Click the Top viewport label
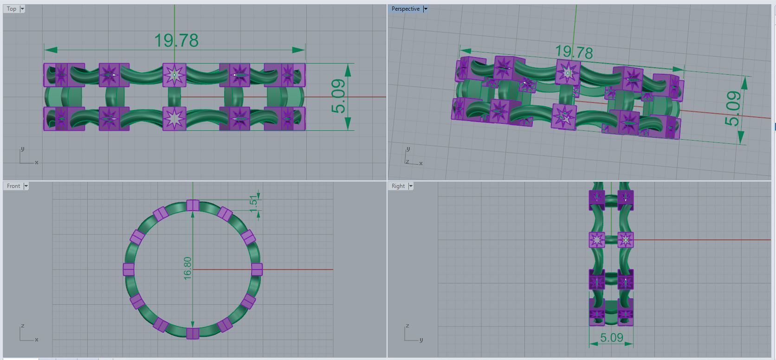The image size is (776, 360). click(12, 9)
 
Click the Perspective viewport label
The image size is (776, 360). click(405, 9)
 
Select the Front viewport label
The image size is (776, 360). click(13, 186)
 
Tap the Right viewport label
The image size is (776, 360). click(398, 186)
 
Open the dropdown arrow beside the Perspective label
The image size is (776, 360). click(426, 9)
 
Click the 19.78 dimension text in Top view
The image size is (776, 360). click(176, 41)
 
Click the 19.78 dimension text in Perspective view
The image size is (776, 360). click(574, 52)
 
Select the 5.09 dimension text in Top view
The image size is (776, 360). click(339, 96)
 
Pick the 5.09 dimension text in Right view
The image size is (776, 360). click(611, 337)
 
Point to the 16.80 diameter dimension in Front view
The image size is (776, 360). click(188, 268)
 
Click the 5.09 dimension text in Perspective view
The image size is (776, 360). click(733, 109)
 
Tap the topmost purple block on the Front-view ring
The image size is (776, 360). click(193, 206)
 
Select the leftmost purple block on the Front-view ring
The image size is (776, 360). click(129, 269)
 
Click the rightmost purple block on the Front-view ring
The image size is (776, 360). click(257, 269)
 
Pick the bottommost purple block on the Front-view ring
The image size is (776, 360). click(193, 333)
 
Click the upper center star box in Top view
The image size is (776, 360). click(175, 75)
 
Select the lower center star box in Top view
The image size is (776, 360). click(175, 118)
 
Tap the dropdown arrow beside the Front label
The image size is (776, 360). click(26, 186)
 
